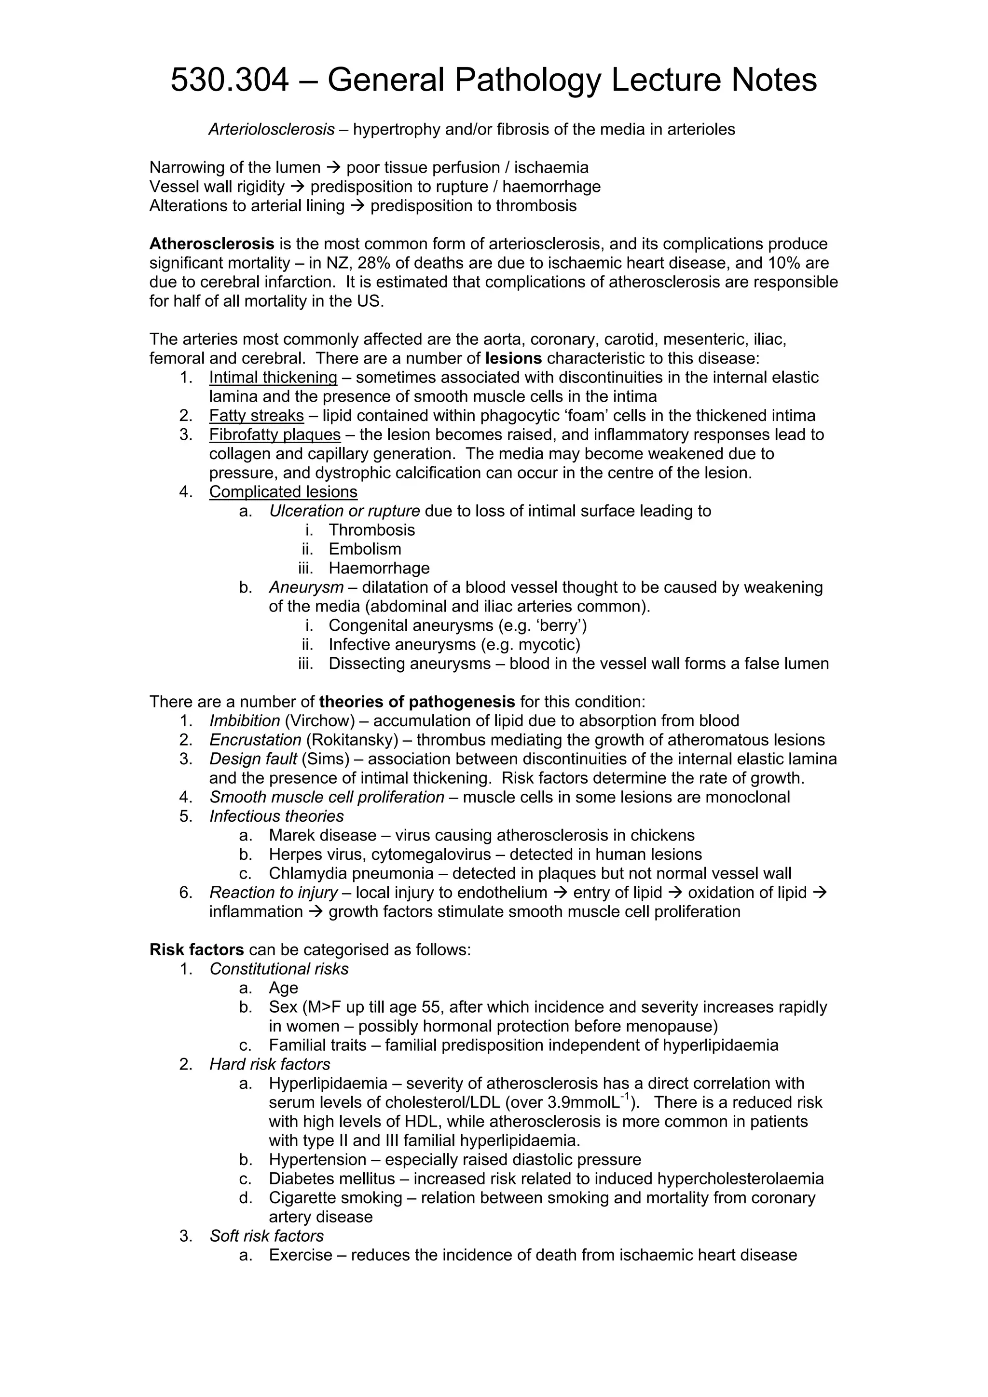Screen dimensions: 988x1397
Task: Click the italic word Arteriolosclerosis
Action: [272, 130]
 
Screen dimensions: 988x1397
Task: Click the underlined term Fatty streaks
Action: [256, 416]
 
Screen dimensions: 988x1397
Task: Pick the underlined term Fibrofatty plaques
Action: [274, 435]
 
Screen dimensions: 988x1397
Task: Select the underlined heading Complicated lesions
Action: [283, 492]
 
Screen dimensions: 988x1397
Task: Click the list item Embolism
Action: [365, 549]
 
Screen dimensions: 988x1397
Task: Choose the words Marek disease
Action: [323, 835]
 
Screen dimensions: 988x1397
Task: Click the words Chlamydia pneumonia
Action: [351, 874]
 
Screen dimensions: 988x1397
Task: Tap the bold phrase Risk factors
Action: [197, 950]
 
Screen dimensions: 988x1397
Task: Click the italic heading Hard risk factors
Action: [270, 1064]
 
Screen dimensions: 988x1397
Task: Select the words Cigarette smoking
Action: [335, 1198]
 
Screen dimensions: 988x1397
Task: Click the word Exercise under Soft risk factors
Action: [301, 1255]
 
